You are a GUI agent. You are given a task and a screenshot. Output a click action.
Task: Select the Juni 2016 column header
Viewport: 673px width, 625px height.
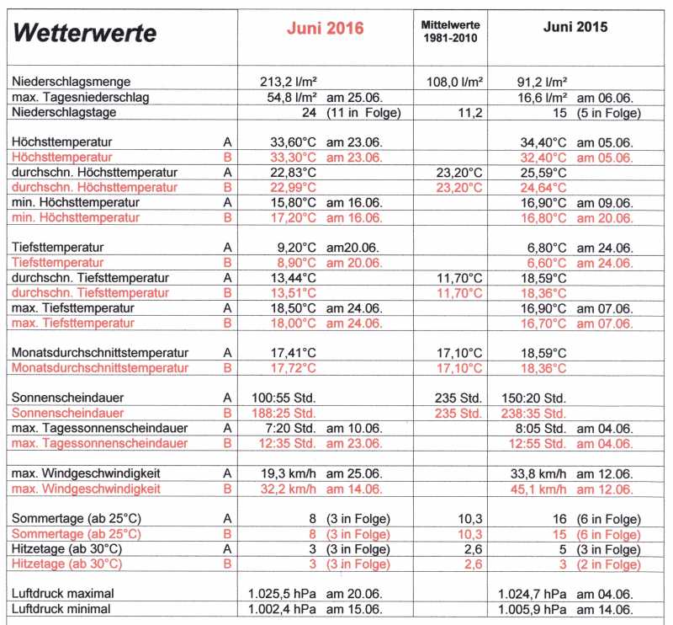(x=326, y=28)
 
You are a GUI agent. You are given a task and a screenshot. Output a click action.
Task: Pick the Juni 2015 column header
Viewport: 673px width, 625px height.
(x=575, y=27)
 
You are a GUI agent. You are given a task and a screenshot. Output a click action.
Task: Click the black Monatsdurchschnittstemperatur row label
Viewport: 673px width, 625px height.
(x=101, y=353)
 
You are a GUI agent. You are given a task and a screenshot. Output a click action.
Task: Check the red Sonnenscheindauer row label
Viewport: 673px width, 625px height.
(x=68, y=414)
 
